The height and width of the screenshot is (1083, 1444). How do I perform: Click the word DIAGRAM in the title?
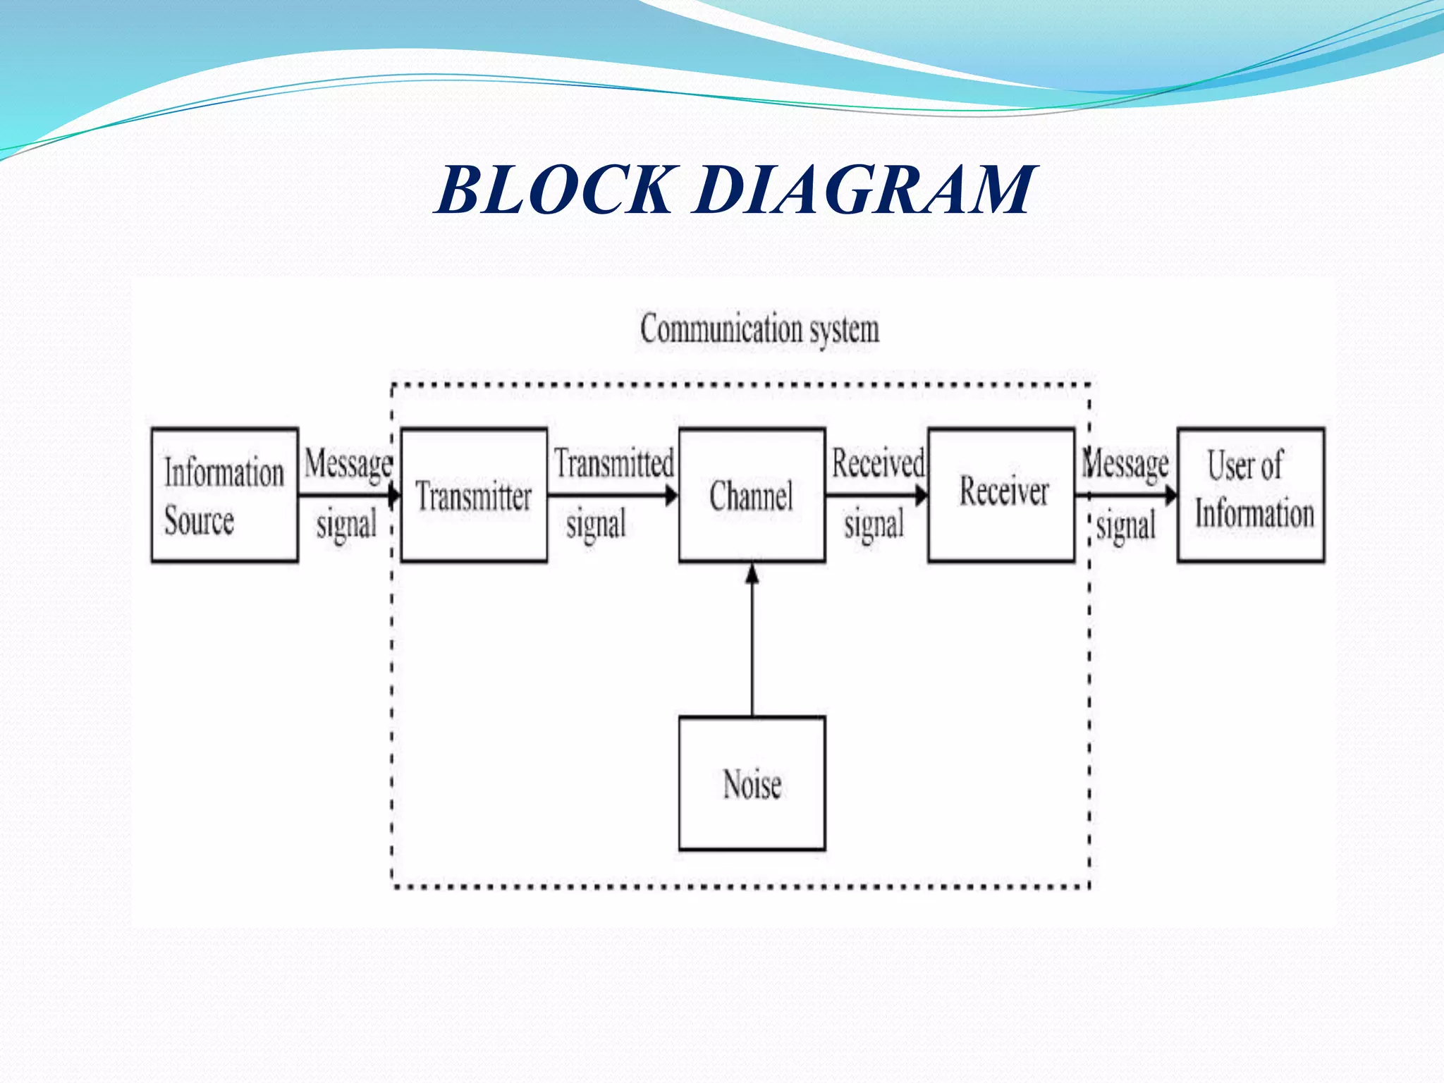click(864, 190)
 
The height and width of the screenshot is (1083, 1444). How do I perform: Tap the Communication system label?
click(759, 329)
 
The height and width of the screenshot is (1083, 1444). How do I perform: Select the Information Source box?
click(224, 495)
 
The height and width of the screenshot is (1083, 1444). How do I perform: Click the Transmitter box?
click(474, 495)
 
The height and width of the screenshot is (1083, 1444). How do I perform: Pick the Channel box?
click(752, 495)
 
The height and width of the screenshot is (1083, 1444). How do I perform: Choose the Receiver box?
click(1002, 495)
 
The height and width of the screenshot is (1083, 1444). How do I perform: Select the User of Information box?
click(1251, 495)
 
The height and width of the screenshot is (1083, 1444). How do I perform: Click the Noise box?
click(752, 783)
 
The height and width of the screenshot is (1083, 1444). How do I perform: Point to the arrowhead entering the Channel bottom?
click(752, 573)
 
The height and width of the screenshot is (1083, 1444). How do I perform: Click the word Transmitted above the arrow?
click(613, 463)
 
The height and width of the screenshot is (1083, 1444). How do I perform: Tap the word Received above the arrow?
click(878, 463)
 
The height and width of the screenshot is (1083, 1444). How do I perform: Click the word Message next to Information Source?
click(348, 465)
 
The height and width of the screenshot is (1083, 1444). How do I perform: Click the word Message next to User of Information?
click(1126, 465)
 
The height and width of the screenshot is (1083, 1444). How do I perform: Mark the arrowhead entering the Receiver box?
click(922, 496)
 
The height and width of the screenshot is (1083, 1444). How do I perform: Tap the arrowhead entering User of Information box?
click(1170, 496)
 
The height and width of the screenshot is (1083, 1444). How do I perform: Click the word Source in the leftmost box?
click(199, 521)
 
